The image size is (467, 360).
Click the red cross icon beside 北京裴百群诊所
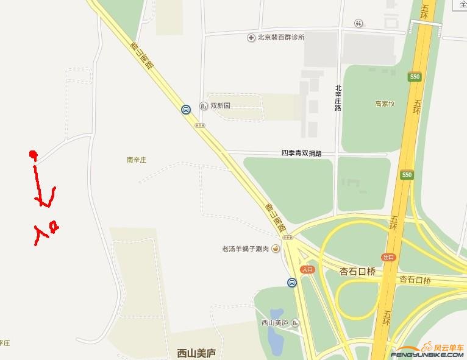(251, 38)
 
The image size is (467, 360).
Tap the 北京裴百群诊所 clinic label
(281, 38)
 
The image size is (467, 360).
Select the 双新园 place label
(221, 105)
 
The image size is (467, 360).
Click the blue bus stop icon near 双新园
(185, 110)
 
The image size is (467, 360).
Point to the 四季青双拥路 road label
(301, 153)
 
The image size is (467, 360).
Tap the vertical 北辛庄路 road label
(338, 97)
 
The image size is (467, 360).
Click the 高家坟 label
(385, 104)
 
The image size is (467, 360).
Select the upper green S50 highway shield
(415, 77)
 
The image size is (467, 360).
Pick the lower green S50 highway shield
(406, 175)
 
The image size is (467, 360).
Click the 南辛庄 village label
(137, 160)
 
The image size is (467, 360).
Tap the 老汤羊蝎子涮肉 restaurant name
(245, 249)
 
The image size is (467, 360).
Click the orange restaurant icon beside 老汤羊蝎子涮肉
(276, 249)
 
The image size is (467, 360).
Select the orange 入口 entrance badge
(307, 269)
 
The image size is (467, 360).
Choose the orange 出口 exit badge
(388, 257)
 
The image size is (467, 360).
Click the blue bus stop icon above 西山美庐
(292, 283)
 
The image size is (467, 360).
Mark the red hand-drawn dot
(33, 154)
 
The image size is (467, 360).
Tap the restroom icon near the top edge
(359, 23)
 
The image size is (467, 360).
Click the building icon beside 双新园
(204, 105)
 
